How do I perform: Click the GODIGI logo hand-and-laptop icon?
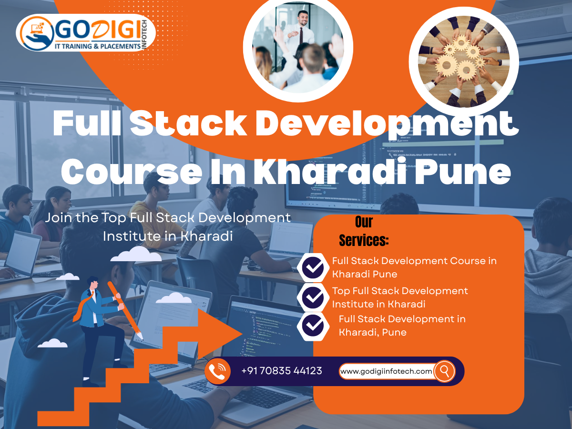pos(37,33)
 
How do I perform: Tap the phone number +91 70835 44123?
pos(282,371)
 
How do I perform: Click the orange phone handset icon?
pos(217,371)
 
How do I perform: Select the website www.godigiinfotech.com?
pos(386,371)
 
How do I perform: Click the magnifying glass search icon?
pos(444,371)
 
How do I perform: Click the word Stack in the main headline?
pos(188,123)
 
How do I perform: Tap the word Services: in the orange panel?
pos(364,240)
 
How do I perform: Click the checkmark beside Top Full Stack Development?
pos(313,297)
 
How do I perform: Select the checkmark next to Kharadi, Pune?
pos(313,326)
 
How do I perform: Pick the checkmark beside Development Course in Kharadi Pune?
pos(313,268)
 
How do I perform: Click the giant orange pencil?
pos(125,310)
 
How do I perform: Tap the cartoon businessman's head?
pos(93,283)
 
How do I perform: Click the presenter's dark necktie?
pos(301,35)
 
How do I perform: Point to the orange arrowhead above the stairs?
pos(220,333)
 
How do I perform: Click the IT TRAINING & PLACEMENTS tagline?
pos(98,46)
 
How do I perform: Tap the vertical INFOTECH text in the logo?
pos(144,34)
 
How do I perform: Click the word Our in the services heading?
pos(364,222)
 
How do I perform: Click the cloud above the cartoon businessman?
pos(136,254)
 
